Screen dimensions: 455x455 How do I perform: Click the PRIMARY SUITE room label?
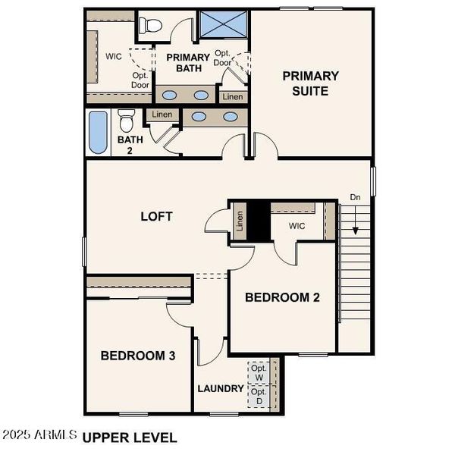point(310,83)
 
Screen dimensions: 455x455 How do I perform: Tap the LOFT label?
point(157,216)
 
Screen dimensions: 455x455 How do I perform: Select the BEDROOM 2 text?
point(282,297)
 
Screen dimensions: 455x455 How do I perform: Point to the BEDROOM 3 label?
point(139,355)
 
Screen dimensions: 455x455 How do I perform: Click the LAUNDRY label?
point(221,389)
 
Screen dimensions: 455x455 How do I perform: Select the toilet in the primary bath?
point(152,25)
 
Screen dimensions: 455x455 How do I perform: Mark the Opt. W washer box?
point(259,373)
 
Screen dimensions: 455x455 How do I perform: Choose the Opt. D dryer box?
point(259,397)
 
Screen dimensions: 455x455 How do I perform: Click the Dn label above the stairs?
point(355,198)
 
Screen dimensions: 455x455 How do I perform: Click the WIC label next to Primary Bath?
point(115,57)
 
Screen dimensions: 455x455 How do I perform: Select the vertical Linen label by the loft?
point(240,222)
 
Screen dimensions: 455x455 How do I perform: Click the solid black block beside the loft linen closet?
point(259,222)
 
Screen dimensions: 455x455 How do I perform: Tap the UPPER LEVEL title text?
point(130,438)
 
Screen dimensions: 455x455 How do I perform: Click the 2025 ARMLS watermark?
point(39,436)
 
